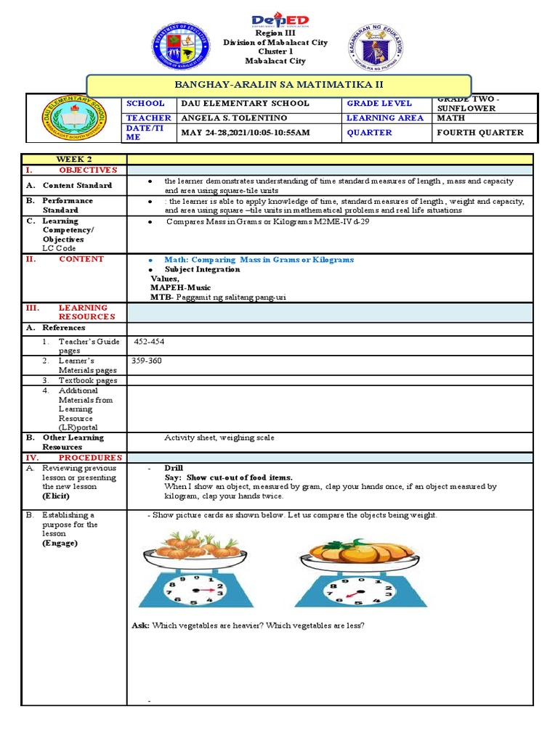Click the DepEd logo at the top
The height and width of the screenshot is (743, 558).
(280, 20)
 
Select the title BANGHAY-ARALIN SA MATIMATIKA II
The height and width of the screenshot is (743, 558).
(280, 84)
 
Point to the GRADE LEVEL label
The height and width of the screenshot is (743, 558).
(379, 103)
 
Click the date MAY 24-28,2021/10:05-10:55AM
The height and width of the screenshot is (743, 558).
(245, 133)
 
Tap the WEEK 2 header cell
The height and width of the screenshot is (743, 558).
(75, 159)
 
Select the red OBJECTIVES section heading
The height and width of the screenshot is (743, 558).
(87, 169)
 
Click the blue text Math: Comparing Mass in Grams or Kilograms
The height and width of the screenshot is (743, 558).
(259, 259)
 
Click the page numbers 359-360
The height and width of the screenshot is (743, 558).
(146, 360)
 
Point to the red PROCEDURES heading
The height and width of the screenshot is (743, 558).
(90, 458)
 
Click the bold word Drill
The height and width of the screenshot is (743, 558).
(174, 468)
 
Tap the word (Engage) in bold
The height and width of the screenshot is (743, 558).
(60, 543)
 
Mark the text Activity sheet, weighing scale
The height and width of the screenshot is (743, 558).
(219, 438)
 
